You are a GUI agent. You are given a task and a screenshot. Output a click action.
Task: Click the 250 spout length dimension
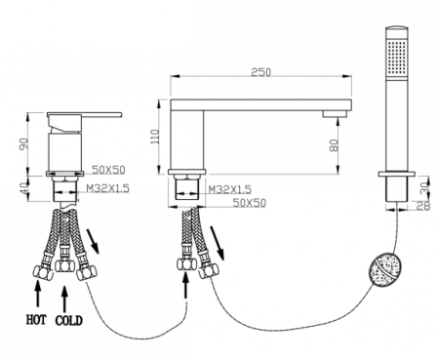260,72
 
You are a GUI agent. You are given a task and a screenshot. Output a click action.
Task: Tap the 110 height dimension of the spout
154,138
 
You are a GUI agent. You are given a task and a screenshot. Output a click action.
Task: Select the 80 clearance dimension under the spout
334,145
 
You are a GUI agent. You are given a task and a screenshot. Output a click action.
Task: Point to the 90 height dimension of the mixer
24,142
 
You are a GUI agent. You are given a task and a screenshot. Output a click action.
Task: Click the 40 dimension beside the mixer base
24,188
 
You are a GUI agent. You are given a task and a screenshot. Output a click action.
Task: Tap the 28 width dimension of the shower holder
423,205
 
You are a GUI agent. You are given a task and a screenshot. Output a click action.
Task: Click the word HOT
36,320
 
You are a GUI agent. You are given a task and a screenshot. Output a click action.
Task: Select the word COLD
69,321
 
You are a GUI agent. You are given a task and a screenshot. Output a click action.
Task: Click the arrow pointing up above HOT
38,294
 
